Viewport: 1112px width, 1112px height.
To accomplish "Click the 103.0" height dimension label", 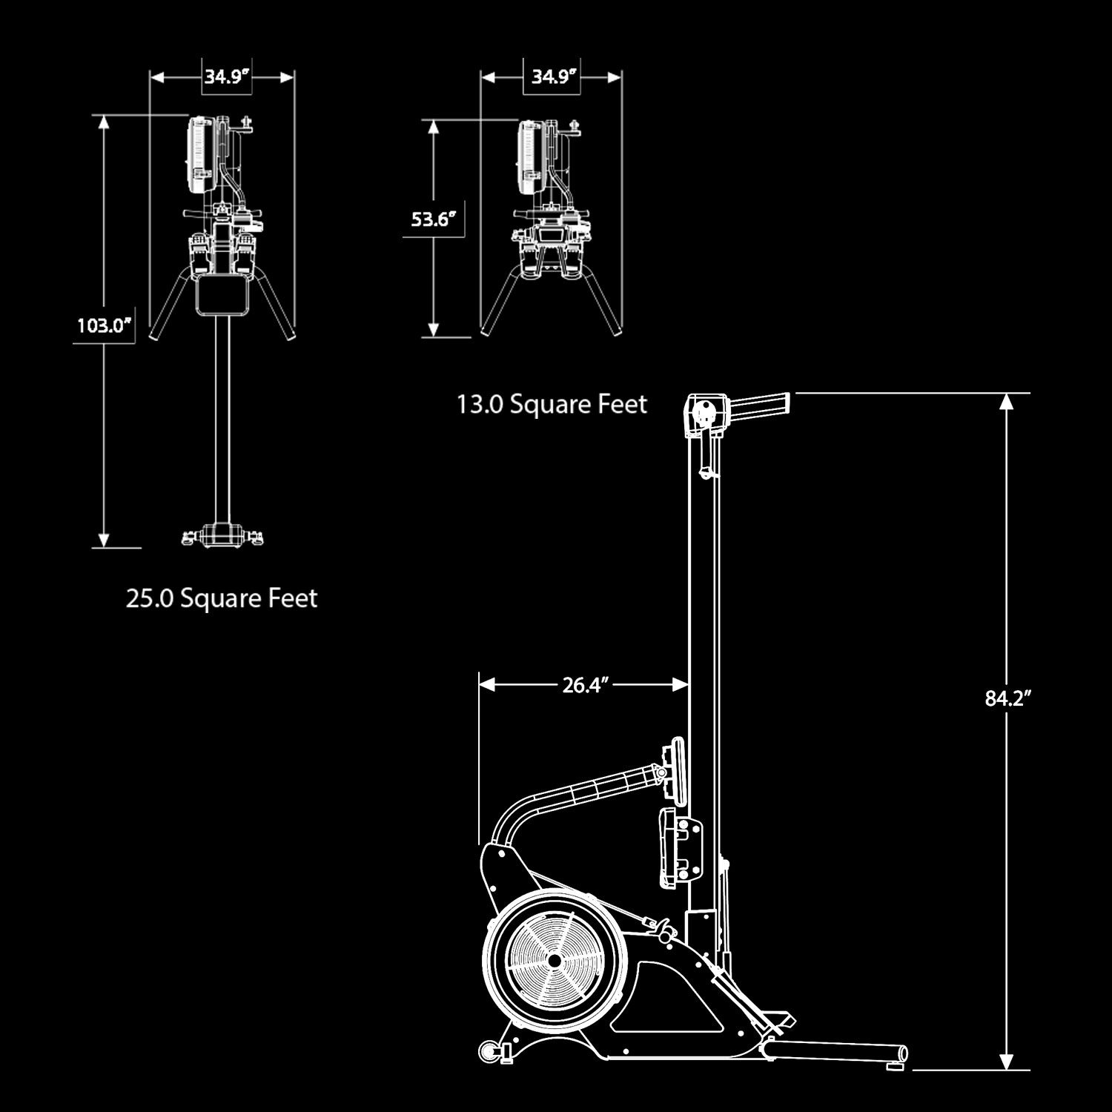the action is (105, 325).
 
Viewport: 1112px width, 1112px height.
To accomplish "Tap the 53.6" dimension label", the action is (433, 219).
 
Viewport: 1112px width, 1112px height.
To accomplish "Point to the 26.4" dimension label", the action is (585, 685).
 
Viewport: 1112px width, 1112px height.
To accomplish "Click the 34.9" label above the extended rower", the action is (226, 76).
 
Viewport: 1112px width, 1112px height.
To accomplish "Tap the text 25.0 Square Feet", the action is (222, 598).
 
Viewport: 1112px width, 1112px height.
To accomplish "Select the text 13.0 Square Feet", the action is (552, 405).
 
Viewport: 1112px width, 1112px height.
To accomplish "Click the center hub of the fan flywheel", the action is (553, 960).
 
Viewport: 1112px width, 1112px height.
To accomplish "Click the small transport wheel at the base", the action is (489, 1050).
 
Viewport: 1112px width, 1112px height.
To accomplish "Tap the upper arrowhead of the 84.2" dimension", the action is (1006, 401).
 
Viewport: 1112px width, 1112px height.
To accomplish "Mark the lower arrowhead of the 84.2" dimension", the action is (1006, 1061).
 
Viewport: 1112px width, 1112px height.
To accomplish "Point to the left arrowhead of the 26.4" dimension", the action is (487, 685).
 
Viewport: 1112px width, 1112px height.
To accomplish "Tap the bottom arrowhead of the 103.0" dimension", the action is (105, 540).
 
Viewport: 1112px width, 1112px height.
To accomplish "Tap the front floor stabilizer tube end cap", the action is (903, 1053).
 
